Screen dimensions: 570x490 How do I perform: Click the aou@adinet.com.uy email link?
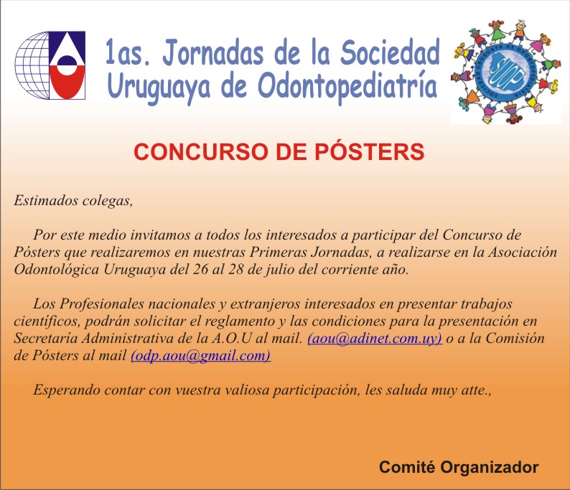point(375,339)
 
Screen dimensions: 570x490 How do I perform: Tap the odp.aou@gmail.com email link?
point(200,356)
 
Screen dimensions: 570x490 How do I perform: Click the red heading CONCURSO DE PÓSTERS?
point(279,151)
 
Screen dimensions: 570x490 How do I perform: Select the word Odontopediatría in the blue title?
point(347,88)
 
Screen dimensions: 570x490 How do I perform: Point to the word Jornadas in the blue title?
point(213,53)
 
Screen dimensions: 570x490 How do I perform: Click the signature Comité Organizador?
point(459,467)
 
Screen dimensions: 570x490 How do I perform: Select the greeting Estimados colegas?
point(73,200)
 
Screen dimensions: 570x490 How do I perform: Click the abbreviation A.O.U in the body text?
point(231,339)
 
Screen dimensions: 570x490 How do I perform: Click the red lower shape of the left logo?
point(67,82)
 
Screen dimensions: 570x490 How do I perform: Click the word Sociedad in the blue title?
point(390,53)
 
